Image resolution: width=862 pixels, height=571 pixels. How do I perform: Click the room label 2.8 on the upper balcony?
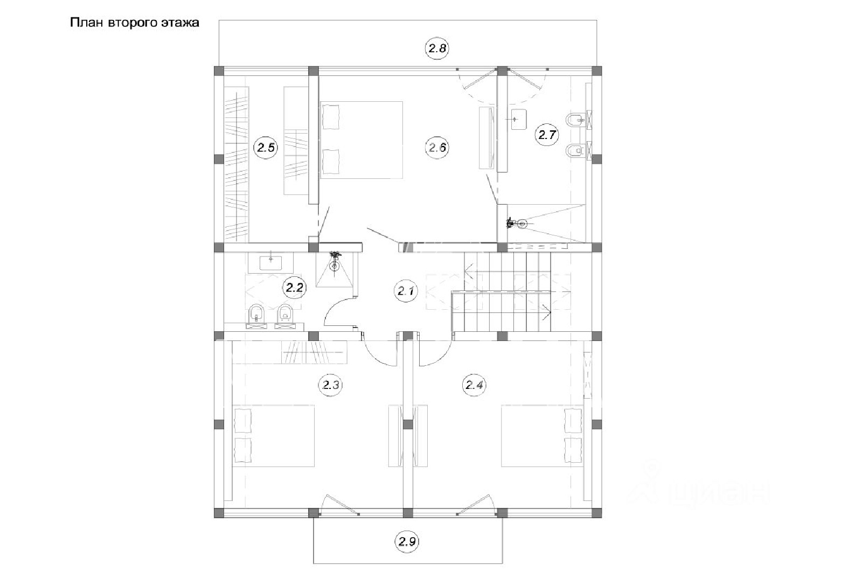point(437,48)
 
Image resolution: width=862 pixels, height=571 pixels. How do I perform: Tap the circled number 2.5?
point(266,148)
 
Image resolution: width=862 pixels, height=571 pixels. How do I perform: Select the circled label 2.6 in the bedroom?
point(437,148)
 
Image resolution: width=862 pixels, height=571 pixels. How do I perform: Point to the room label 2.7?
point(547,135)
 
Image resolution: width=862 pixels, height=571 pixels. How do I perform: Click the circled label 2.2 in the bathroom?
point(294,288)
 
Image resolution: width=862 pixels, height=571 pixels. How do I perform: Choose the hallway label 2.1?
point(406,291)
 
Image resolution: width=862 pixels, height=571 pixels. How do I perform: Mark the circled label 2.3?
point(331,385)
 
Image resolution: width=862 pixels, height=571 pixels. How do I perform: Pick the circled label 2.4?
point(474,385)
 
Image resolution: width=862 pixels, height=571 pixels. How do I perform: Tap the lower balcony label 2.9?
point(407,541)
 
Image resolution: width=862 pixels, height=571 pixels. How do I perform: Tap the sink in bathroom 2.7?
point(519,120)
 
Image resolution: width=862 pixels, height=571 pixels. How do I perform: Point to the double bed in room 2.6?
point(362,140)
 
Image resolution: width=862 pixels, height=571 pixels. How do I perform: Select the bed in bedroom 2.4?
point(542,436)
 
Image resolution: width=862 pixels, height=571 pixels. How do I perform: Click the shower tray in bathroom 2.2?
point(335,270)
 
